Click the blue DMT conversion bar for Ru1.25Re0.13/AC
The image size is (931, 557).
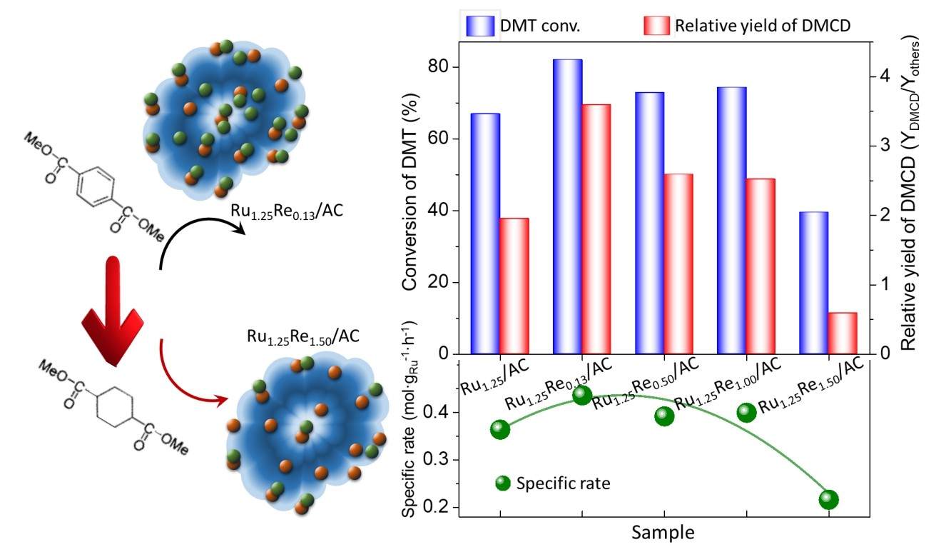[567, 206]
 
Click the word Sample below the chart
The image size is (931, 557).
[663, 532]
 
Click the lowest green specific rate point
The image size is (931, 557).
[828, 499]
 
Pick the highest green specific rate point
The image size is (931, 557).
[582, 394]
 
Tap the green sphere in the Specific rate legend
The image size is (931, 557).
[503, 483]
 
